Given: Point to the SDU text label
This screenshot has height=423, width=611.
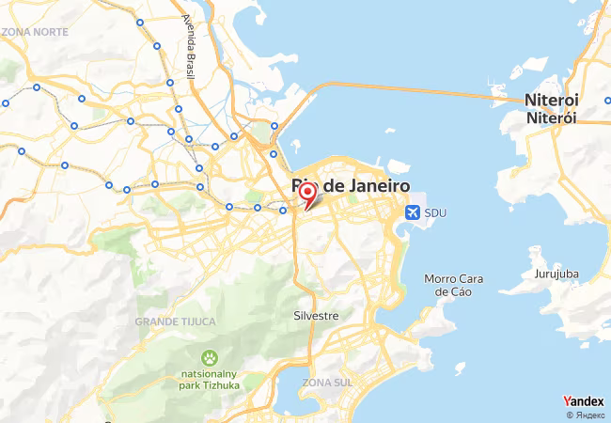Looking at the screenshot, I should [x=434, y=213].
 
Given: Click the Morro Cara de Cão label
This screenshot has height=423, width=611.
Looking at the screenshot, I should [x=453, y=285].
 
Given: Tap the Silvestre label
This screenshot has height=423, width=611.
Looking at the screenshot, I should [x=316, y=316].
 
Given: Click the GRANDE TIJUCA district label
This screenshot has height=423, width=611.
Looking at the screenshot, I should [x=175, y=321].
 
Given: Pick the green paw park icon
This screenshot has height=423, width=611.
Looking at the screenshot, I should [x=208, y=358].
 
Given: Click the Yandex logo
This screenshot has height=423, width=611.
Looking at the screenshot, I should [x=583, y=400].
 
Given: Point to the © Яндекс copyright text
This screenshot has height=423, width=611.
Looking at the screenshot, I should [x=586, y=415].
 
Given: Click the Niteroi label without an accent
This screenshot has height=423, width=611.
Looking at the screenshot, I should [x=552, y=100].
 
